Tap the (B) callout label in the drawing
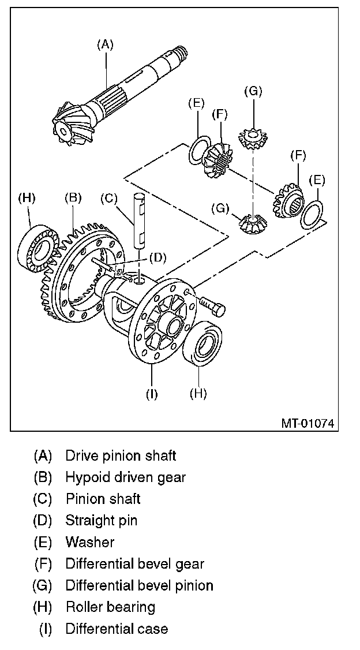click(x=73, y=198)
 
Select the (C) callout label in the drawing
click(x=108, y=198)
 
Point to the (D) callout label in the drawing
click(x=158, y=256)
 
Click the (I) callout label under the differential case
click(x=152, y=394)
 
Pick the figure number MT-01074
click(x=307, y=423)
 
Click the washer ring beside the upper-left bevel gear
click(x=198, y=151)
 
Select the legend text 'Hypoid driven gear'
click(x=125, y=477)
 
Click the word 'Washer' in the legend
click(x=90, y=542)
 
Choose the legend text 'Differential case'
click(x=117, y=628)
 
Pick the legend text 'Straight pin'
click(x=101, y=520)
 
